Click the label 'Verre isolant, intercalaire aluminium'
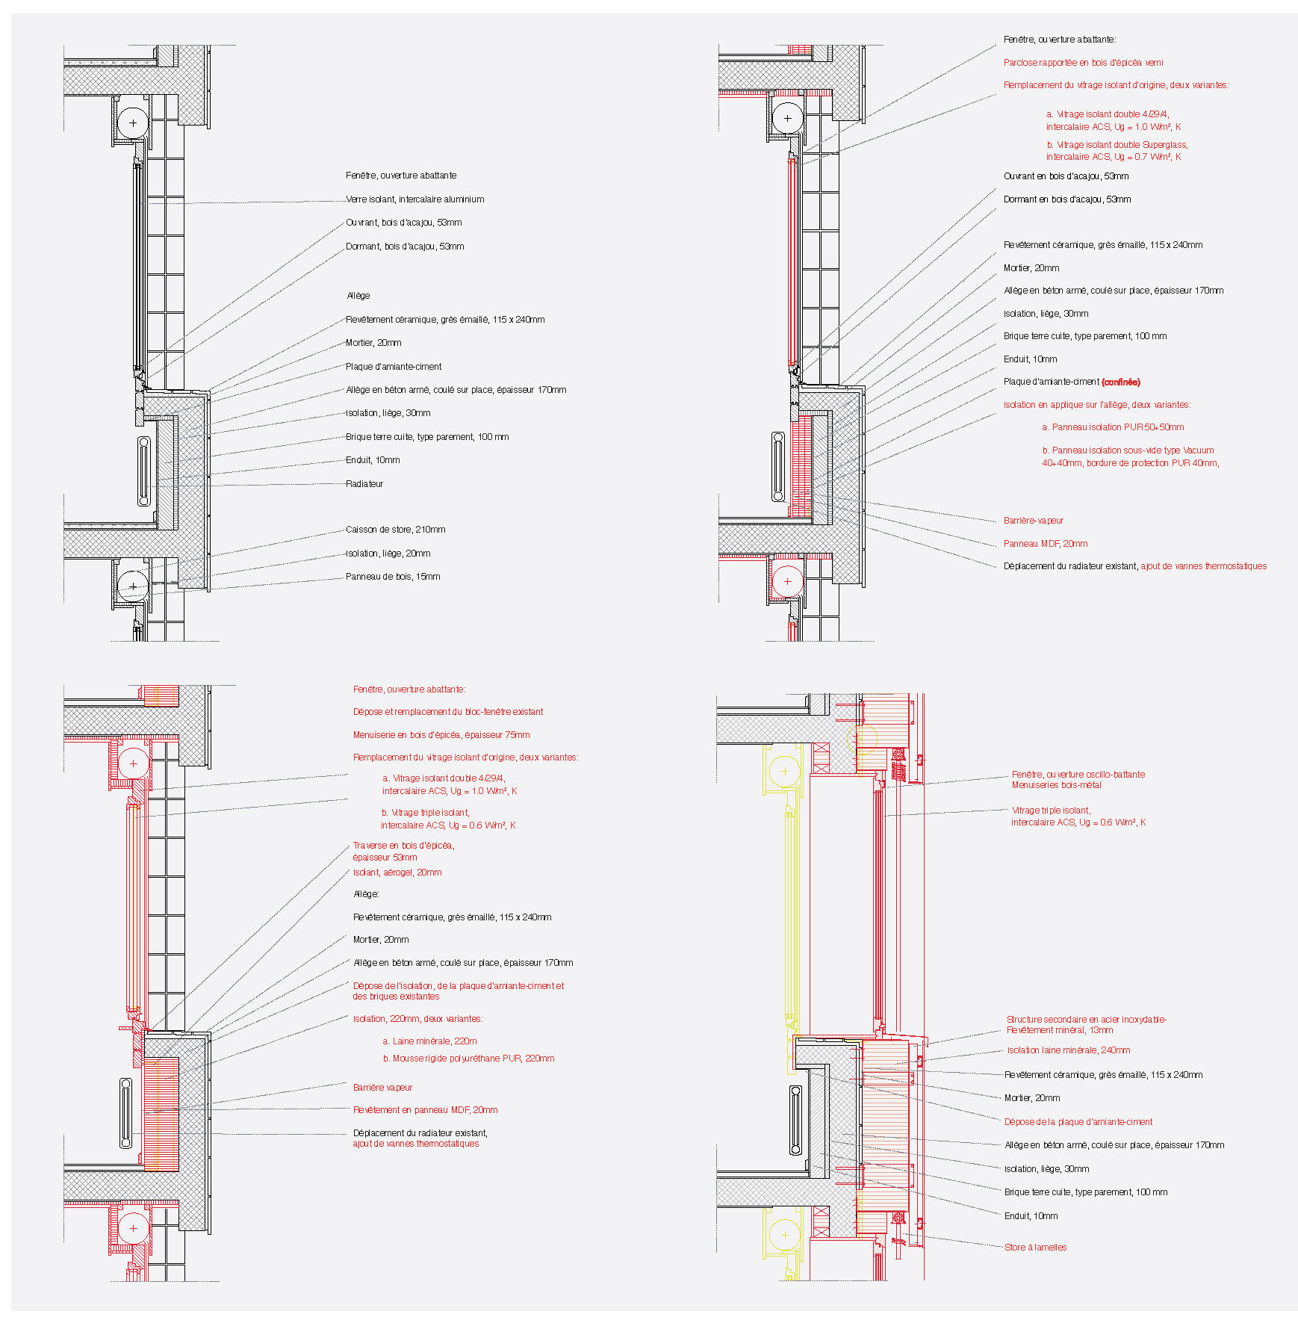[x=415, y=199]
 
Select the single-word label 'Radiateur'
[x=364, y=484]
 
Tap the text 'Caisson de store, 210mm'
[x=395, y=530]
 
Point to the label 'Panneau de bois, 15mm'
[x=393, y=577]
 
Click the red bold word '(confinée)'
[x=1121, y=382]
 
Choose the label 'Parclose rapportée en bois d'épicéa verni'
[x=1083, y=63]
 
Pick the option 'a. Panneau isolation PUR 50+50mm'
[x=1113, y=427]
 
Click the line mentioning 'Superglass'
[x=1117, y=145]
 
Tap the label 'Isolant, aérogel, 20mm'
[x=397, y=873]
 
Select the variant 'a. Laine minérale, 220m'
[x=429, y=1041]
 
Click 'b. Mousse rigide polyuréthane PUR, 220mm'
[x=468, y=1059]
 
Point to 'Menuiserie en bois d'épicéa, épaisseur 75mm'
[x=441, y=735]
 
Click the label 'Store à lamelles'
[x=1035, y=1248]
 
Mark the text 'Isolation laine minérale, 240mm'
[x=1068, y=1050]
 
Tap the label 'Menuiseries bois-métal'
[x=1056, y=785]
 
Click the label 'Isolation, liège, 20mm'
[x=388, y=554]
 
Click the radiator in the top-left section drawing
[x=144, y=471]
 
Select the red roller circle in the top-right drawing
[x=787, y=581]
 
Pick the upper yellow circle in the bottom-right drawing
[x=785, y=771]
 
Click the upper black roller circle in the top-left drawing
[x=133, y=123]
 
